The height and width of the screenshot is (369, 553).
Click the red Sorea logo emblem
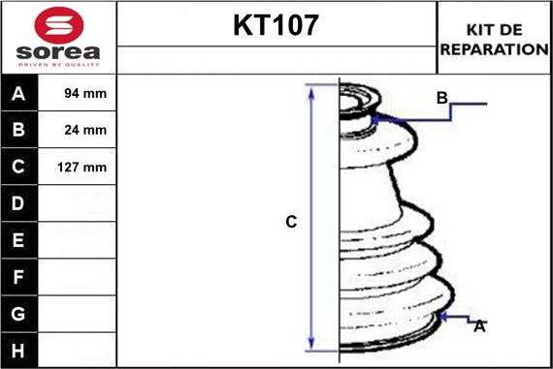pos(59,25)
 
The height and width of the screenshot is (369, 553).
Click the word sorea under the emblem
pos(58,52)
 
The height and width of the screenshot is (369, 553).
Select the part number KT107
pos(276,25)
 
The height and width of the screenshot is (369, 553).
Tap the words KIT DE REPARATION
pos(494,40)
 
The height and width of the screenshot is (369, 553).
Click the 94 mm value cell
pos(85,93)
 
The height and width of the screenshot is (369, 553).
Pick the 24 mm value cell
pos(85,130)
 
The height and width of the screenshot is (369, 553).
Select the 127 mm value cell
pos(81,167)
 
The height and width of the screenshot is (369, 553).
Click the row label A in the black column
pos(18,94)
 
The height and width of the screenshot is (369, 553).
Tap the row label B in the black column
pos(18,130)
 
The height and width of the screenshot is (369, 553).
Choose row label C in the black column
pos(18,167)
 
